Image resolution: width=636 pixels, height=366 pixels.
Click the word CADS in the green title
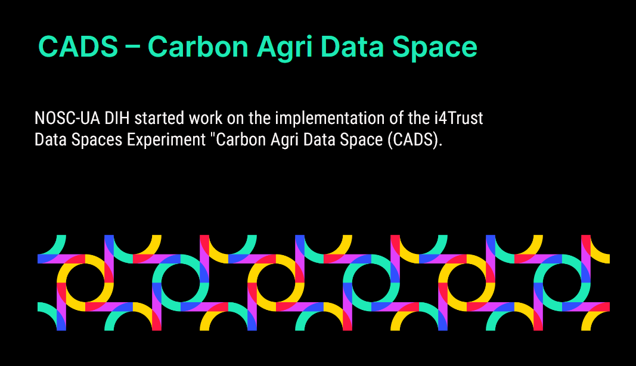pyautogui.click(x=78, y=46)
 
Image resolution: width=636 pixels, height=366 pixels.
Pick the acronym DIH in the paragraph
pyautogui.click(x=117, y=118)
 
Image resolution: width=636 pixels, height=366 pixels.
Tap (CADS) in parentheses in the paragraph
pyautogui.click(x=414, y=140)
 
